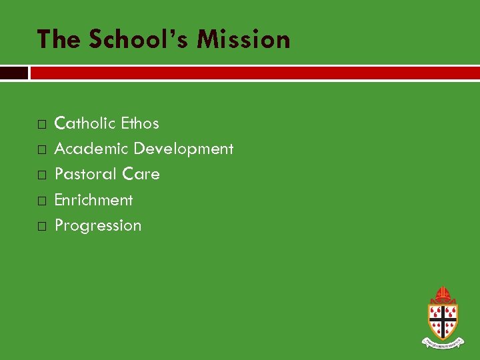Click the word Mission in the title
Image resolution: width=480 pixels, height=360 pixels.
click(x=243, y=40)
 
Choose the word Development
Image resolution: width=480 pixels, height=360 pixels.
click(x=183, y=149)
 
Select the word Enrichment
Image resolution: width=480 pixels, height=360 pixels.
click(x=93, y=200)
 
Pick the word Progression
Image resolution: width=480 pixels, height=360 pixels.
click(x=98, y=225)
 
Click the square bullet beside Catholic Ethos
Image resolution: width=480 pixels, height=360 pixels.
click(x=41, y=124)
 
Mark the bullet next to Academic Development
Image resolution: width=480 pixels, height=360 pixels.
click(x=41, y=149)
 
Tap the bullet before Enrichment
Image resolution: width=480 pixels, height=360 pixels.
click(x=41, y=201)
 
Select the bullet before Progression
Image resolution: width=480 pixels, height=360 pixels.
click(x=41, y=226)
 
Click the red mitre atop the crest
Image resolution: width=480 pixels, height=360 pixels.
click(x=442, y=294)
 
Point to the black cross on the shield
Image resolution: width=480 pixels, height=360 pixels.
click(x=443, y=319)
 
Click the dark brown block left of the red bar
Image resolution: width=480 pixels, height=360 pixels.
click(x=14, y=73)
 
